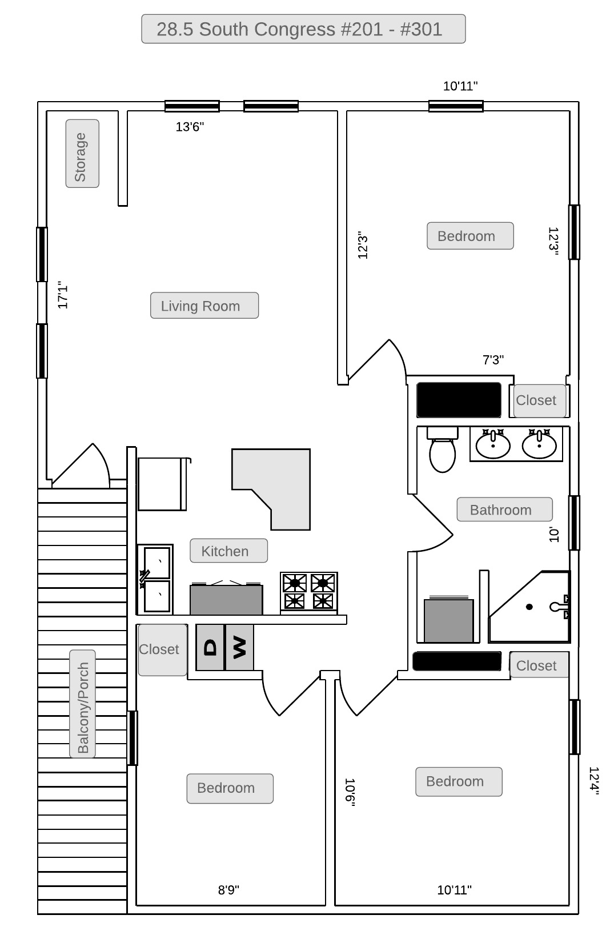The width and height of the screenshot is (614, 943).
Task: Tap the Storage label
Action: (x=82, y=154)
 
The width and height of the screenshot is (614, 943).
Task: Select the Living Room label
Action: (x=204, y=306)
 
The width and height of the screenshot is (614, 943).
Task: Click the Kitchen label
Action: (x=228, y=551)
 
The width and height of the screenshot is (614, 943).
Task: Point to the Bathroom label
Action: (x=504, y=509)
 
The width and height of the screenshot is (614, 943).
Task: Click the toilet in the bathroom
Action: (x=442, y=450)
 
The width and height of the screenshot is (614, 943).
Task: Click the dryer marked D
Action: (x=210, y=648)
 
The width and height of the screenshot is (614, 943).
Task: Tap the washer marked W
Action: (x=239, y=648)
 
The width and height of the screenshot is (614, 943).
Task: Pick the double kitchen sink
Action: (x=155, y=579)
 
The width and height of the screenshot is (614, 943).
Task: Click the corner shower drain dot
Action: (x=529, y=607)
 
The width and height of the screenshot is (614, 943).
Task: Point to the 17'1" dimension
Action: (x=63, y=295)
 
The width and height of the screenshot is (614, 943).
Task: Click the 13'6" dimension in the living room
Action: (x=190, y=127)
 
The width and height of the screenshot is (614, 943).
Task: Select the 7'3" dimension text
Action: (x=493, y=360)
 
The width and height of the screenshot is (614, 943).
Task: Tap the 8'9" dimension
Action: (x=228, y=889)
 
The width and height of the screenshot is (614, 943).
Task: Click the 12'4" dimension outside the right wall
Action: (x=594, y=780)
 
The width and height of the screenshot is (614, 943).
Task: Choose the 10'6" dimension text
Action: (x=350, y=792)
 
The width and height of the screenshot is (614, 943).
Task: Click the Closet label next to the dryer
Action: (x=159, y=649)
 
